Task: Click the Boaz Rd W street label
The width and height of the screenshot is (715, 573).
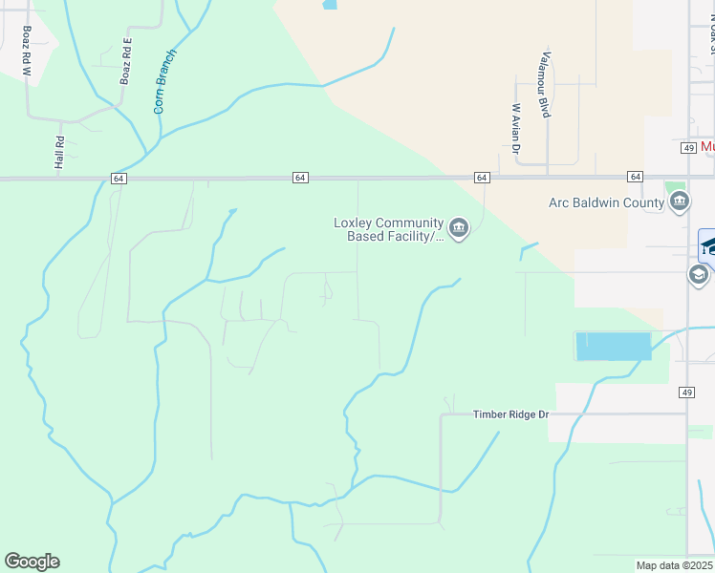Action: pos(25,52)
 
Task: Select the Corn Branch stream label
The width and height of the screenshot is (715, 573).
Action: pos(165,82)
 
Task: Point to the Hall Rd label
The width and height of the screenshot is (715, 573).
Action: pos(59,153)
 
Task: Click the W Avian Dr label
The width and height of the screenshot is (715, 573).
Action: pos(515,128)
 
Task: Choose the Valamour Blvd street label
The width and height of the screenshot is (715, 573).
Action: pos(545,84)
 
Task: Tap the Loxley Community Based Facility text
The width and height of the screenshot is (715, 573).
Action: pos(387,229)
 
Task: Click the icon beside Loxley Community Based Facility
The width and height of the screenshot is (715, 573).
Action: pos(459,229)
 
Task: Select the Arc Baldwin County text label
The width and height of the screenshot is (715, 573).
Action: pos(606,202)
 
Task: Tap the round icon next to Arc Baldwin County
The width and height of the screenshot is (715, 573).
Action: pos(680,202)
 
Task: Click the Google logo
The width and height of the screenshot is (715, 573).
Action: pos(32,562)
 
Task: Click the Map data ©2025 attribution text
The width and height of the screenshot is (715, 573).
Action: pos(675,565)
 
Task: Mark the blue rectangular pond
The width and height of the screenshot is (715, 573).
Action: pos(613,346)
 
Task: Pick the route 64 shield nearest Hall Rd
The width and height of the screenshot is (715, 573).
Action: pos(117,179)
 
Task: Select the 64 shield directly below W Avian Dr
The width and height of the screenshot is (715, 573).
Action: pos(482,178)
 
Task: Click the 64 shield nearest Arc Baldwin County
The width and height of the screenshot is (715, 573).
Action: pos(635,178)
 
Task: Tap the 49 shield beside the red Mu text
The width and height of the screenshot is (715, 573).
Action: pos(688,148)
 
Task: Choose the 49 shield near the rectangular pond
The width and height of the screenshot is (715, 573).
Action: pos(687,393)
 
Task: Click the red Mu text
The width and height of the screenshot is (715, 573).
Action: pos(707,147)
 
